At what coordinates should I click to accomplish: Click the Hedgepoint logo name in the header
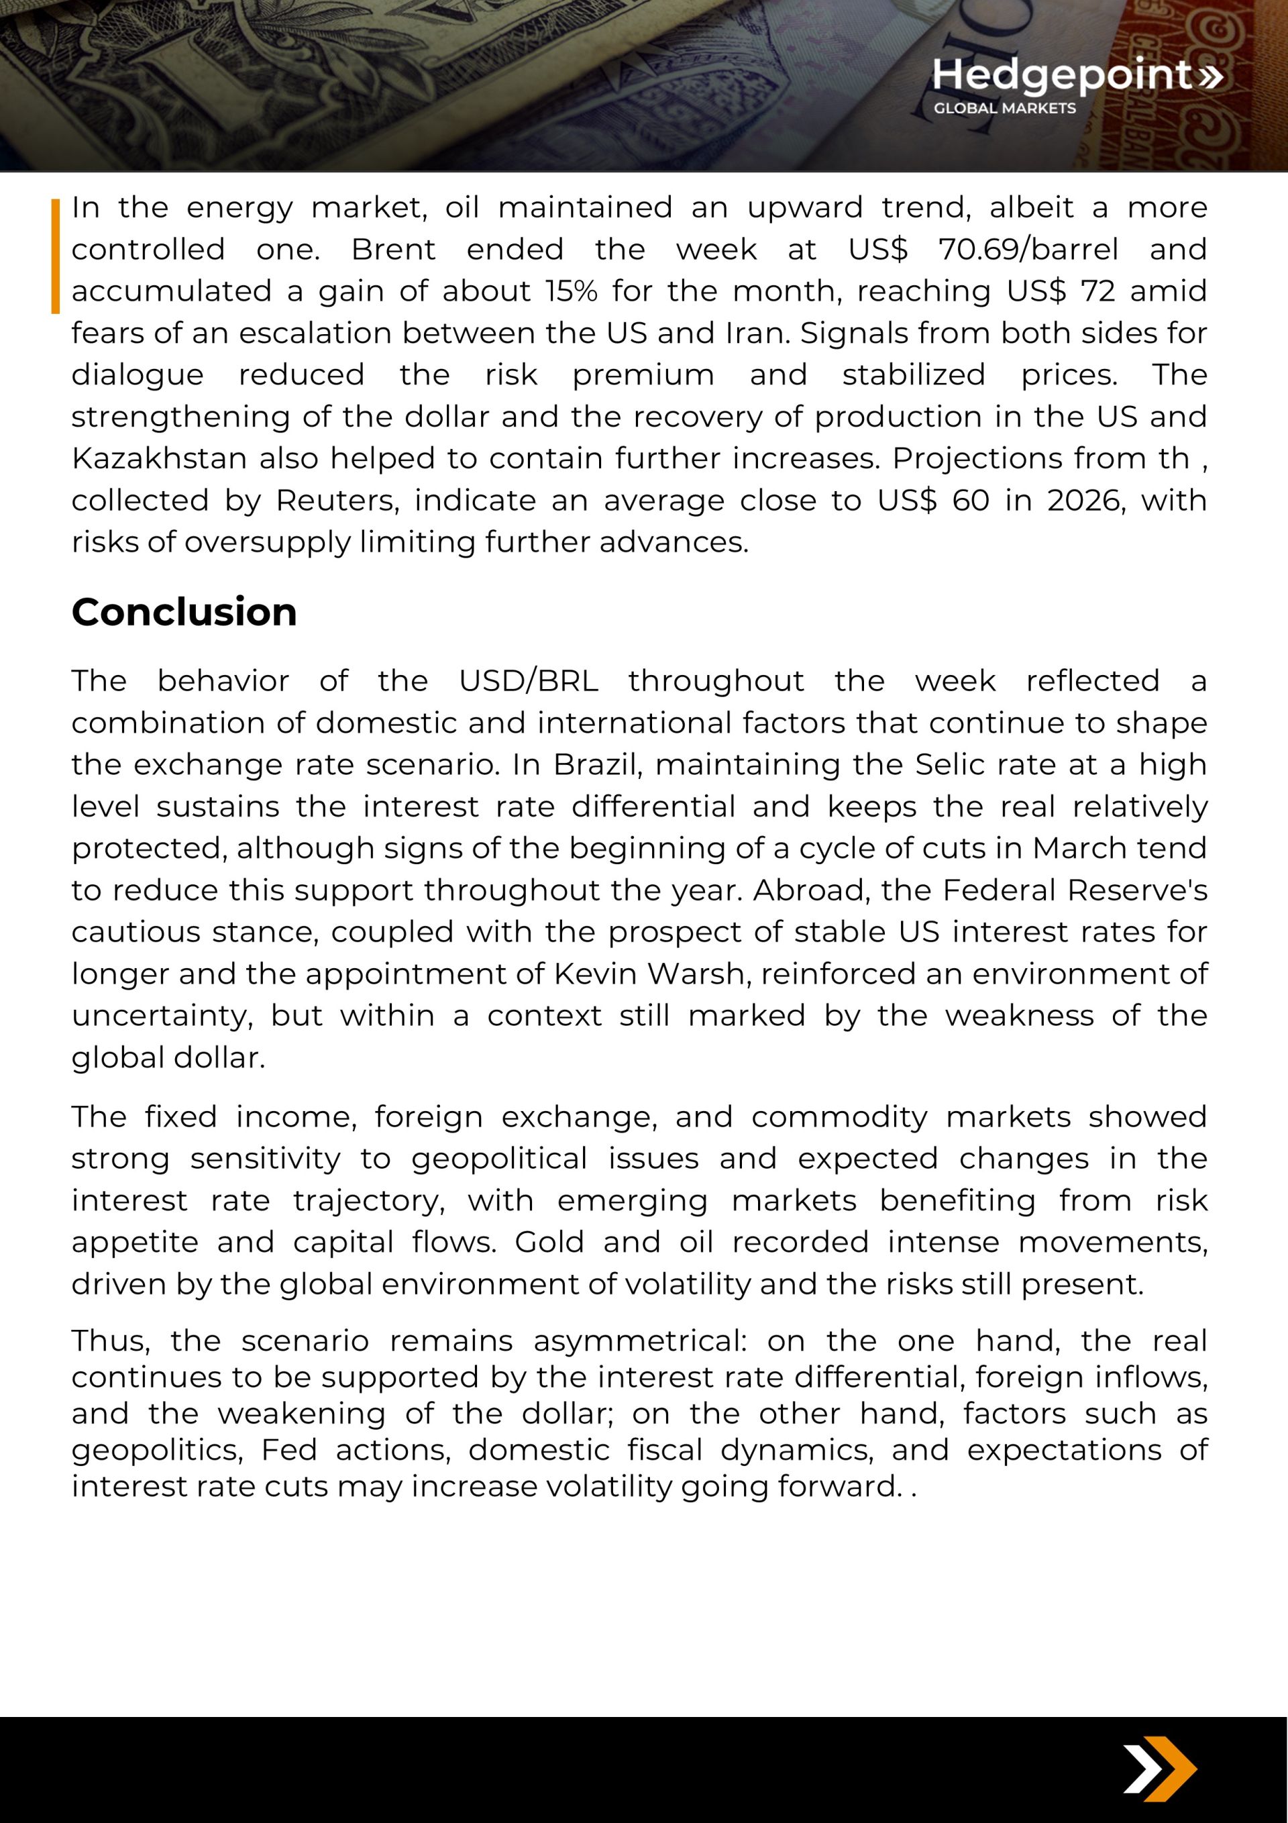pos(1063,75)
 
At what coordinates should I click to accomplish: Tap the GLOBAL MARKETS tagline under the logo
pos(1004,108)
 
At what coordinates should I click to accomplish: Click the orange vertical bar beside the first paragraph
pos(56,256)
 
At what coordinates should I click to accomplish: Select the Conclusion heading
pos(184,612)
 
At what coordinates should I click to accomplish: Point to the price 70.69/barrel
pos(1028,250)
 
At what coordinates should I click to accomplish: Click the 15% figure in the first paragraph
pos(571,291)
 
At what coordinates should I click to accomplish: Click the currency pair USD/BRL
pos(528,681)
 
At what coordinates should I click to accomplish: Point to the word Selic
pos(952,765)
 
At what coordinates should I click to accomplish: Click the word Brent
pos(393,250)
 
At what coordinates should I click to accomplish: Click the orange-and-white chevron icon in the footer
pos(1159,1770)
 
